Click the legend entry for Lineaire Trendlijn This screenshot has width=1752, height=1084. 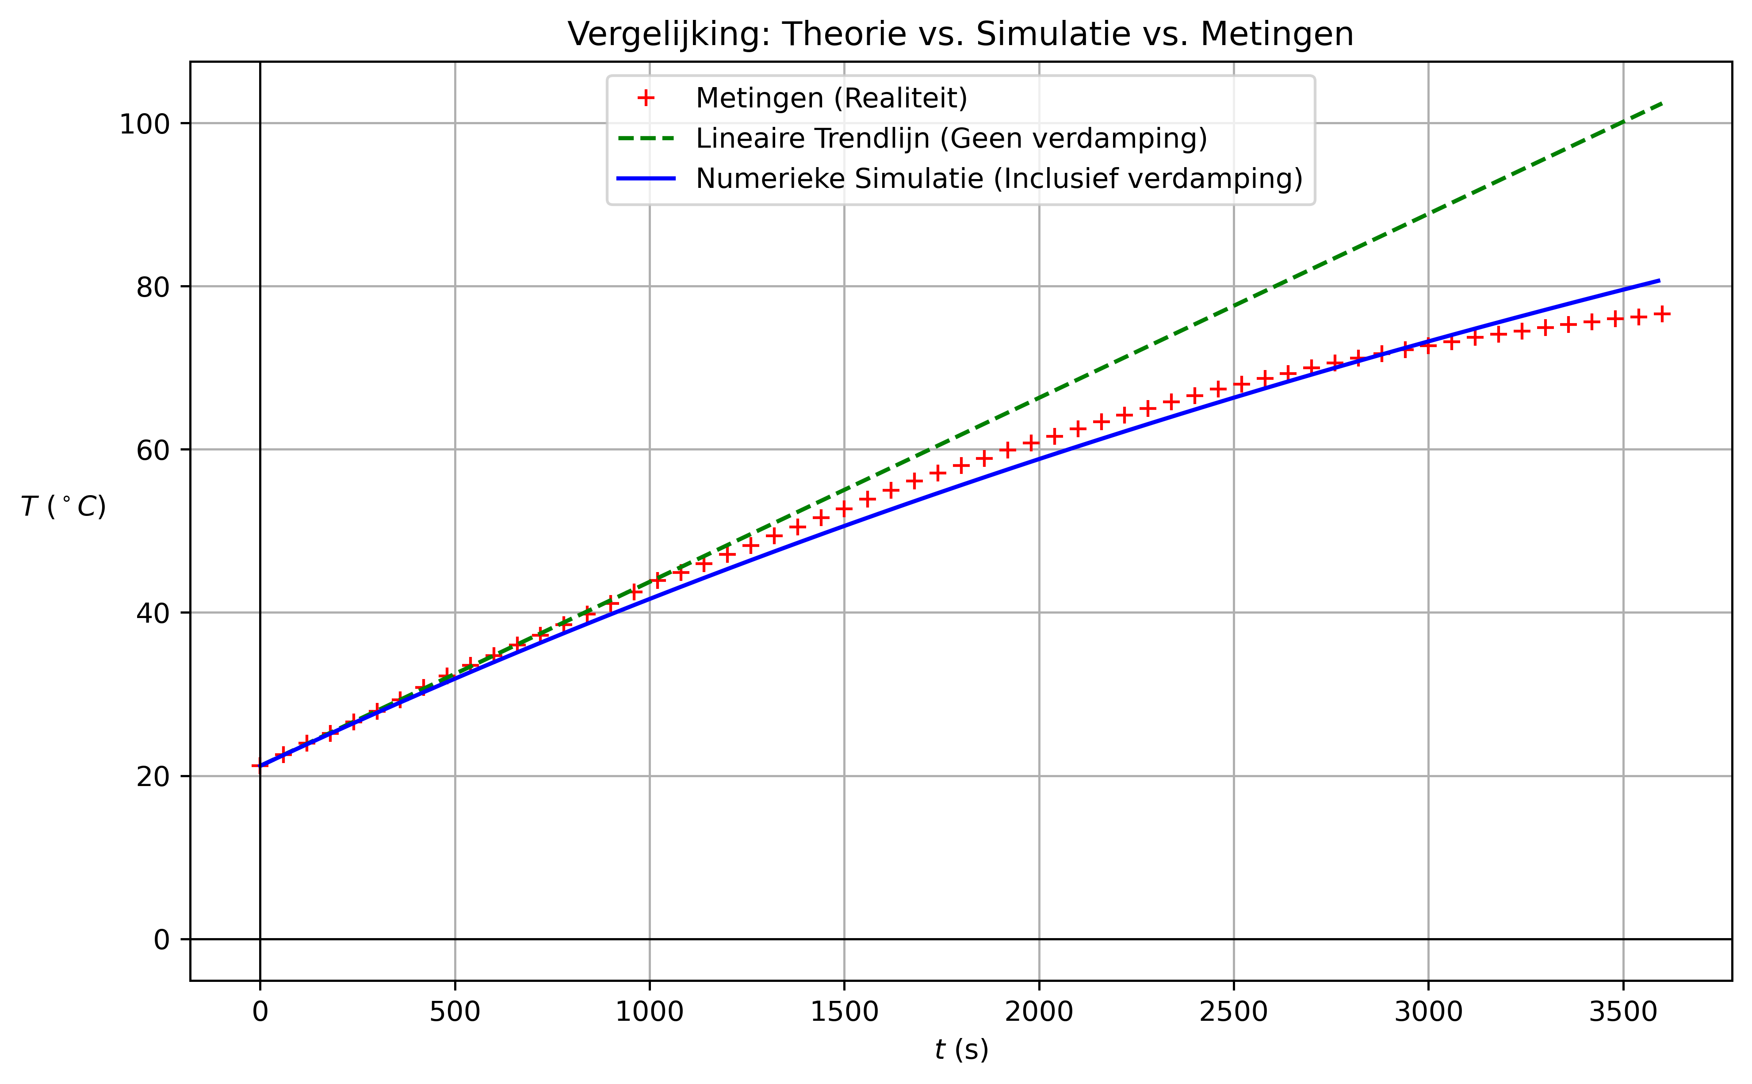[951, 138]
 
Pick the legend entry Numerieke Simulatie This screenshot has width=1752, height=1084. [999, 179]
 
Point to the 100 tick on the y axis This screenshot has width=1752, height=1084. [144, 124]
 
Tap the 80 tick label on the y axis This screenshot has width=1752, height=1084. [153, 287]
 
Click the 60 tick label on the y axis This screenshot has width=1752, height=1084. [153, 450]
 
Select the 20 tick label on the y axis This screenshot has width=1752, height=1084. [153, 776]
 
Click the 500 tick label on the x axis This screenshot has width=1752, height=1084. [455, 1011]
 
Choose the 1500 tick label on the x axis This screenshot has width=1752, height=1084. [844, 1011]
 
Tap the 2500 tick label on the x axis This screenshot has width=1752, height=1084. [1233, 1011]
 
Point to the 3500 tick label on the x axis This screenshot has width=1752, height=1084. [1623, 1011]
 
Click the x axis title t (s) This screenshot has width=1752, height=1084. [961, 1050]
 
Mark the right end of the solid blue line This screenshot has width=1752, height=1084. [1659, 280]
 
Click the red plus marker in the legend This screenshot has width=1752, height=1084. [646, 98]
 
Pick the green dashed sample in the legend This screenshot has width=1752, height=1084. [646, 138]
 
